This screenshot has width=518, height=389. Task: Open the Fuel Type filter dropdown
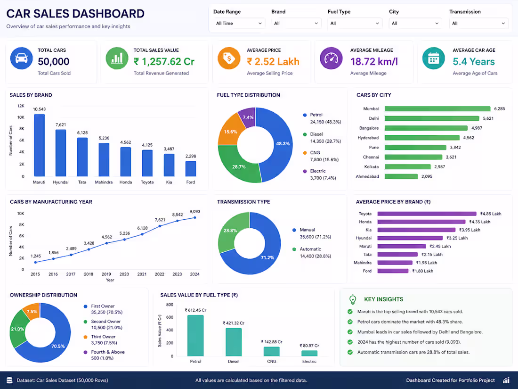(x=355, y=24)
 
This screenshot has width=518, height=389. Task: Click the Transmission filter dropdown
(x=478, y=24)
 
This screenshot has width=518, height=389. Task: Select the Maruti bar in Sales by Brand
(x=39, y=145)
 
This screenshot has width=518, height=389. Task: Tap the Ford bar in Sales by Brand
(x=191, y=169)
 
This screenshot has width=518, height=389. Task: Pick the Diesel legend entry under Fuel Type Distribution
(x=322, y=138)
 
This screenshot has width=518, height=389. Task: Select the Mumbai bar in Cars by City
(x=437, y=109)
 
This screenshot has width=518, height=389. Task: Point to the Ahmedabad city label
(x=367, y=177)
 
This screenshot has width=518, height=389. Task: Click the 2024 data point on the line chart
(x=194, y=218)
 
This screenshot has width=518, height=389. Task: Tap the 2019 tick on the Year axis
(x=106, y=274)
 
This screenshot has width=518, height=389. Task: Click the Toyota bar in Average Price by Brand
(x=427, y=214)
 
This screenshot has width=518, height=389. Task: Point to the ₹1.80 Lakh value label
(x=422, y=271)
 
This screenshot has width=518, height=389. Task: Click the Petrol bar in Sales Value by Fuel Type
(x=195, y=335)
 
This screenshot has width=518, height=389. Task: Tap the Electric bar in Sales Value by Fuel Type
(x=309, y=353)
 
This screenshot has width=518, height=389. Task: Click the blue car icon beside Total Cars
(x=22, y=58)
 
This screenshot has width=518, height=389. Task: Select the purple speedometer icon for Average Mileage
(x=331, y=58)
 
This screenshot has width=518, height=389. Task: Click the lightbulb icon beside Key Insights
(x=353, y=299)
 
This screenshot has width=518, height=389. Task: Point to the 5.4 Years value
(x=474, y=61)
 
